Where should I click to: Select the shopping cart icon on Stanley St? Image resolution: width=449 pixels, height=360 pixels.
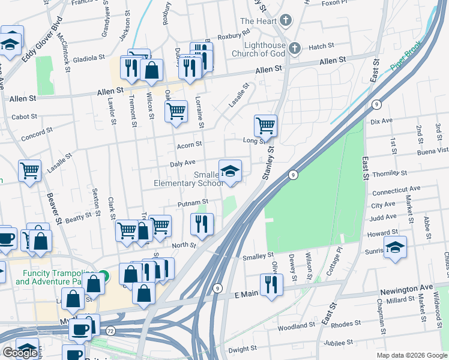[265, 126]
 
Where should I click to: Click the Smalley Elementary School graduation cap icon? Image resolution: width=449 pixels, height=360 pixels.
[230, 172]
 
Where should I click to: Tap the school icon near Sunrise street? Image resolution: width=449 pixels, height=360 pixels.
[395, 248]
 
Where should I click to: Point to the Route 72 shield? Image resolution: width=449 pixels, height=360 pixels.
[110, 331]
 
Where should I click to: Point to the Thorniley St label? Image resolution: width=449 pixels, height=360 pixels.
[390, 173]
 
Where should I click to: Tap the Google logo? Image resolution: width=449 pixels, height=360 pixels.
[19, 353]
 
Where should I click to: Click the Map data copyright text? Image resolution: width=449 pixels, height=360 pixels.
[411, 355]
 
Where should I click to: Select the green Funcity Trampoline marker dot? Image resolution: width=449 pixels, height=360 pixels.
[104, 277]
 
